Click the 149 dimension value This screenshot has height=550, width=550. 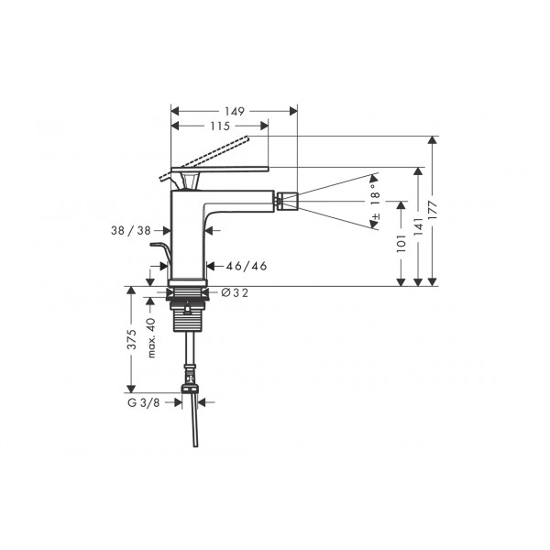[235, 112]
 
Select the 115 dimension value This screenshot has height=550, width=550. [220, 126]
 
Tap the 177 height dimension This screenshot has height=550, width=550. [433, 211]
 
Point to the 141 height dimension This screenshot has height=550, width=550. [418, 226]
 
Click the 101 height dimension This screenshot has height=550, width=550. [401, 244]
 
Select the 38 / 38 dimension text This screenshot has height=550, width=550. [131, 230]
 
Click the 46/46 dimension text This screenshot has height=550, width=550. [247, 266]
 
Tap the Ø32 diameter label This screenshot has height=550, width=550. [235, 292]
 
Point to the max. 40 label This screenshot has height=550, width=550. [151, 337]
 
